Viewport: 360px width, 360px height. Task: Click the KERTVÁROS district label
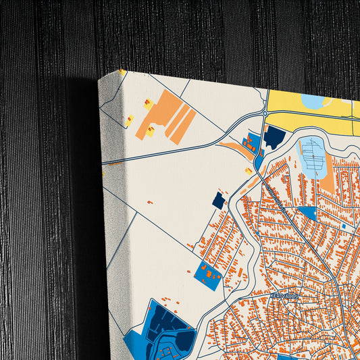click(x=283, y=296)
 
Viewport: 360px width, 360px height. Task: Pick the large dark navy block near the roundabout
click(x=274, y=137)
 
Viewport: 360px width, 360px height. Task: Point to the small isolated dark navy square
click(x=218, y=201)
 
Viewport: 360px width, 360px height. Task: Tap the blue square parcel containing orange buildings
click(x=208, y=275)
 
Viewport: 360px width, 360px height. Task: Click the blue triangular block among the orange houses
click(x=309, y=213)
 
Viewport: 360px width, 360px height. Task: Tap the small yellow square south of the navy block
click(x=249, y=172)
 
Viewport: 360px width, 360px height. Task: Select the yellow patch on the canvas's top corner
click(x=122, y=72)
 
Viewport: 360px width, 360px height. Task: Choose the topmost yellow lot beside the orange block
click(x=147, y=104)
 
